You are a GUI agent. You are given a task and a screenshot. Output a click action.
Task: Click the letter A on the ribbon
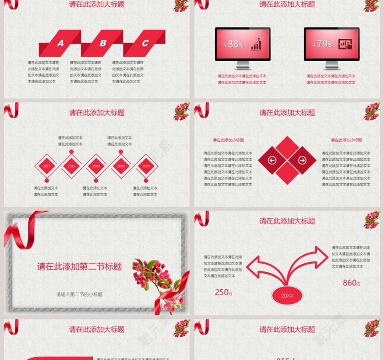(60, 44)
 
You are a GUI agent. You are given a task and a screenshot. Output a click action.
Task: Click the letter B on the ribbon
(103, 43)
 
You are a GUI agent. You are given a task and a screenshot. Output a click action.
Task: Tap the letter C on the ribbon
(145, 43)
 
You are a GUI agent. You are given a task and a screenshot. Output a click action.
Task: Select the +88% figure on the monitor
(233, 44)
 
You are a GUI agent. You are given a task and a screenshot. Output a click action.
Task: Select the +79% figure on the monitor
(322, 44)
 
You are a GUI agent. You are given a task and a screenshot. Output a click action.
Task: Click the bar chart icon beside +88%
(256, 44)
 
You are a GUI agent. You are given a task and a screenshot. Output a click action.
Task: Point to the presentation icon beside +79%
(345, 44)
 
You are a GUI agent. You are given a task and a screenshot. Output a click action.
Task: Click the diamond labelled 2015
(47, 166)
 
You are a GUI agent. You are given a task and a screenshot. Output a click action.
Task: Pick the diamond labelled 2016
(71, 166)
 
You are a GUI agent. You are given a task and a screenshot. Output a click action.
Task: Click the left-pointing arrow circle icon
(272, 160)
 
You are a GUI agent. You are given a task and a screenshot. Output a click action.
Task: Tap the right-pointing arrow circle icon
(302, 160)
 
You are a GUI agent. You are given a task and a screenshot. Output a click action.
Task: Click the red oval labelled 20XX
(287, 296)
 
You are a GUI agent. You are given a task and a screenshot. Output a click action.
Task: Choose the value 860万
(352, 283)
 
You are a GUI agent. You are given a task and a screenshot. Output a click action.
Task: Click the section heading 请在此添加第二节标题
(80, 266)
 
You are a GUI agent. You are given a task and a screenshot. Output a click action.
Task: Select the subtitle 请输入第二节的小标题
(79, 295)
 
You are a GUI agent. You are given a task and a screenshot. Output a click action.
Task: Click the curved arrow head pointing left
(253, 266)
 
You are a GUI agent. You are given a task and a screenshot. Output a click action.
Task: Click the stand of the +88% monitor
(242, 66)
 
